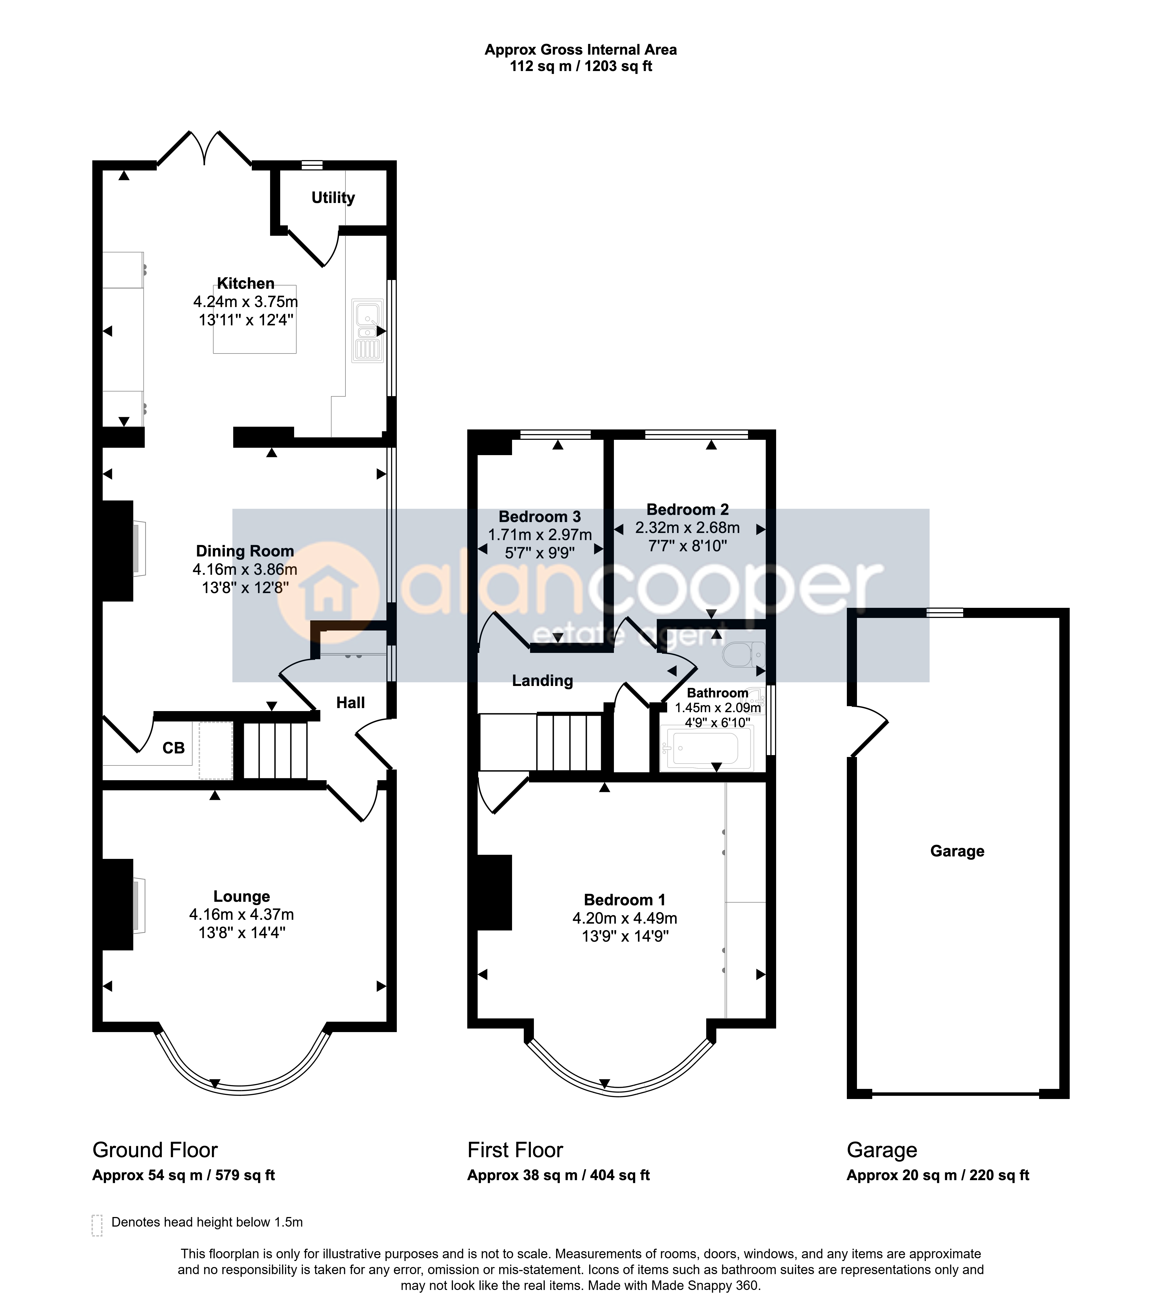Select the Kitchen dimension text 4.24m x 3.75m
pos(246,302)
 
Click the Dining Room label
pos(245,551)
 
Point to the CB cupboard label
pos(173,748)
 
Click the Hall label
pos(350,703)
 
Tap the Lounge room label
pos(242,896)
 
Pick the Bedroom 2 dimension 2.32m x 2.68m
pos(688,528)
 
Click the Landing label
pos(542,681)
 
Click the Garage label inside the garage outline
pos(957,851)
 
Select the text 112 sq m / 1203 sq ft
pos(581,66)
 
